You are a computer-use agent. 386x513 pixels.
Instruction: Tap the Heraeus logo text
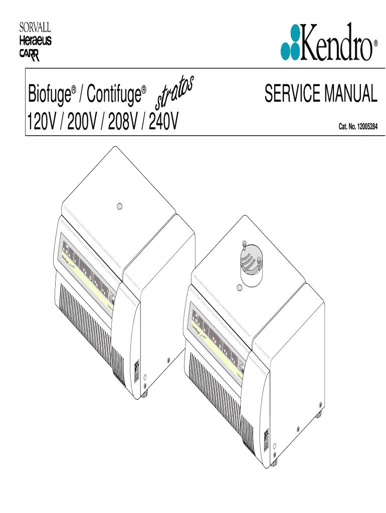point(35,40)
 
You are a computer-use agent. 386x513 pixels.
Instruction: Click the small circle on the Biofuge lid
point(119,206)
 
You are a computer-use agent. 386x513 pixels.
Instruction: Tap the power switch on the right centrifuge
point(267,439)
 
